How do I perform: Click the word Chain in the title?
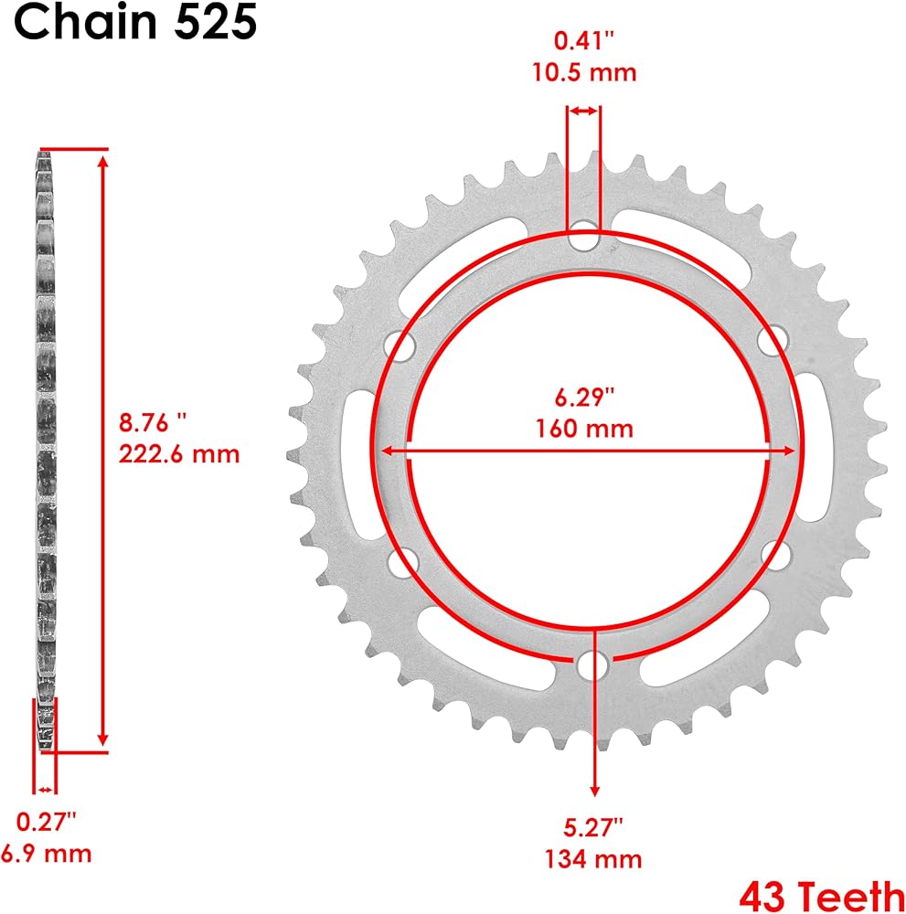tap(85, 22)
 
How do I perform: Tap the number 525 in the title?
tap(216, 22)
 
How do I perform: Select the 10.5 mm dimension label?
tap(584, 72)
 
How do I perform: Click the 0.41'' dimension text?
tap(584, 41)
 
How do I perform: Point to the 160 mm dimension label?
tap(584, 429)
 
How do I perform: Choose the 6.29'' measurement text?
tap(584, 397)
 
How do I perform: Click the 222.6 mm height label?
tap(179, 454)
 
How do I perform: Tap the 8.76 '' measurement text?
tap(153, 422)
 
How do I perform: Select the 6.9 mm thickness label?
tap(46, 854)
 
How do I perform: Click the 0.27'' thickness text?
tap(46, 822)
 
